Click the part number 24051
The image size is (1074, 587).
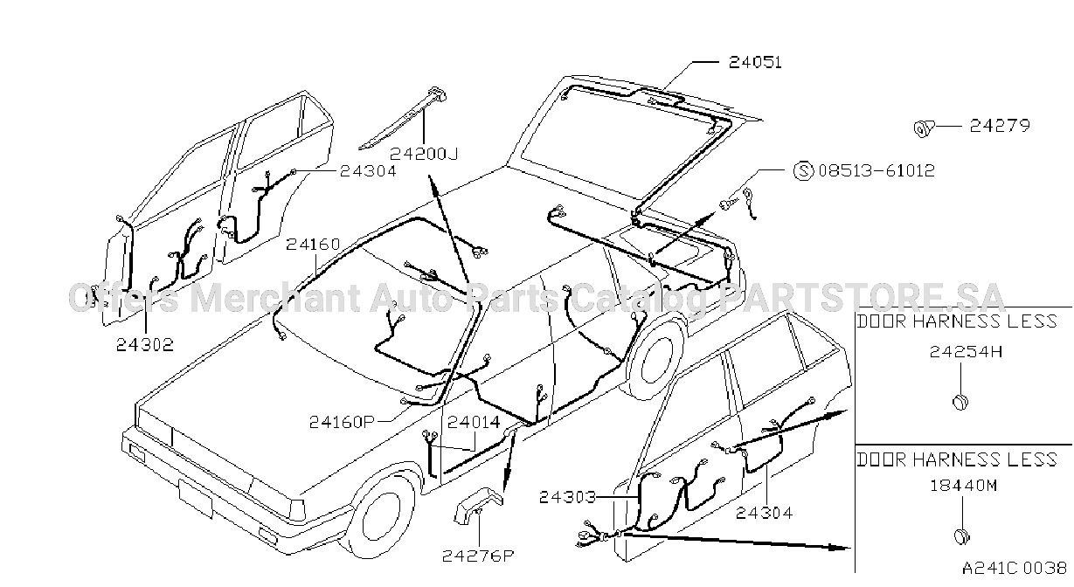(x=755, y=62)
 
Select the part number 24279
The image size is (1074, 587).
(x=1000, y=126)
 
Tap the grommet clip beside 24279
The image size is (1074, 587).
(x=924, y=128)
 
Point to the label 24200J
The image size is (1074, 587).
(x=424, y=154)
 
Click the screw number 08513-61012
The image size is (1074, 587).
(x=877, y=170)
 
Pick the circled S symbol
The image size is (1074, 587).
(x=804, y=170)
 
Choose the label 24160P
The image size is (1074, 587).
(x=342, y=422)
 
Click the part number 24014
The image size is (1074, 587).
(x=474, y=422)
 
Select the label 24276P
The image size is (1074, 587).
(x=477, y=556)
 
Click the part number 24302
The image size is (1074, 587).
(x=145, y=344)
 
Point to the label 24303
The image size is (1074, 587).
(x=567, y=497)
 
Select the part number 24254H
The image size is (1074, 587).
(x=966, y=352)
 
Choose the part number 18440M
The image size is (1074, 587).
(x=964, y=486)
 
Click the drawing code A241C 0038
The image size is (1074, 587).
(x=1014, y=568)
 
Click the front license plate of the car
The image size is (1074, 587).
(x=196, y=499)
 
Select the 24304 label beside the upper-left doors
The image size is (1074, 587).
(x=368, y=171)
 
